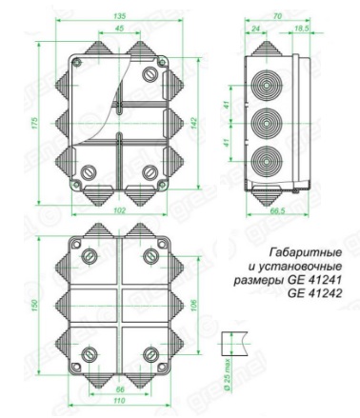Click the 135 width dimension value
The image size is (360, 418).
point(119,15)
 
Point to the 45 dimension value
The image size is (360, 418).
point(119,29)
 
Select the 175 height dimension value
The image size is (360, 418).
point(32,125)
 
